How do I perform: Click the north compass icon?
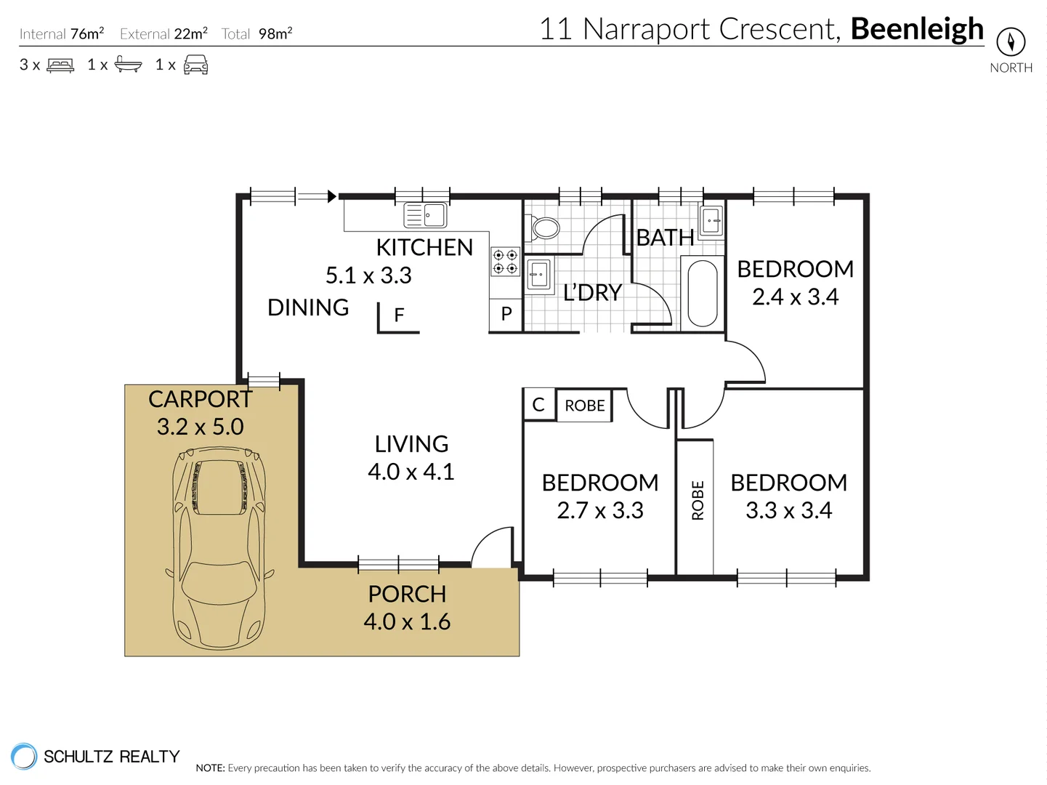1010,41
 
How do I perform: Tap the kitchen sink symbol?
425,215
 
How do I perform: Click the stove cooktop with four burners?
505,262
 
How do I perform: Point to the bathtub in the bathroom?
702,294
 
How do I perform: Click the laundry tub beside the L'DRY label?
538,275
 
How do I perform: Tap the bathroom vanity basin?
711,220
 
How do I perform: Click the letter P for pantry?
506,314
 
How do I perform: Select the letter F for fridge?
399,315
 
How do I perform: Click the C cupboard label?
538,405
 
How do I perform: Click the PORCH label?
407,594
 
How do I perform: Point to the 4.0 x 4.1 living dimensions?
411,472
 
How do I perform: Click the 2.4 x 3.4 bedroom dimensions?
795,297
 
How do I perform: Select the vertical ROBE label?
698,500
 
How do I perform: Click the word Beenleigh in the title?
917,29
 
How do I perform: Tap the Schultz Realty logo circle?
23,756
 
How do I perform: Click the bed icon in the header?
60,65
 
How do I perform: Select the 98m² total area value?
275,33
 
